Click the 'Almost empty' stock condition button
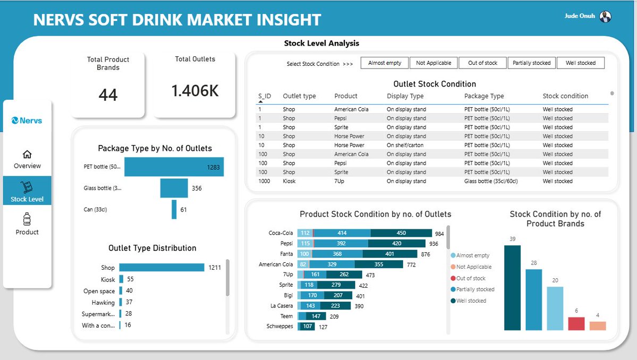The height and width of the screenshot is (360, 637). click(385, 63)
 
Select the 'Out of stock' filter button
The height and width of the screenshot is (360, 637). click(482, 63)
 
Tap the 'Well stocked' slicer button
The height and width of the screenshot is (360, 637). click(580, 63)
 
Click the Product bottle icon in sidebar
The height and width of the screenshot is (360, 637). click(27, 219)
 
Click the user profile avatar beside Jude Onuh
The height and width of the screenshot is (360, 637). click(605, 16)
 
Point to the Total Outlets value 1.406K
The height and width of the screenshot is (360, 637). click(195, 91)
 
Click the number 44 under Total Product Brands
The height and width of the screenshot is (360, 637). click(108, 95)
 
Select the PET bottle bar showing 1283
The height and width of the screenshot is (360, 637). click(174, 167)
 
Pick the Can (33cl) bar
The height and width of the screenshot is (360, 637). click(174, 209)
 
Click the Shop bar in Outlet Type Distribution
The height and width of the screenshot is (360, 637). click(162, 268)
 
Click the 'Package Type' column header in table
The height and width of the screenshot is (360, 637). click(483, 96)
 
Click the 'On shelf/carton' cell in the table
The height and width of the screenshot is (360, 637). click(406, 145)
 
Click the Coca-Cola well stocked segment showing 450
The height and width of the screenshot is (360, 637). click(401, 233)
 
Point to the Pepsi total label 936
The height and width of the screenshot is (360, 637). click(434, 244)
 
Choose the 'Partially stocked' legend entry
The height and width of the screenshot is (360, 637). click(475, 289)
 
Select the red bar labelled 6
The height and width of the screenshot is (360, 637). click(576, 324)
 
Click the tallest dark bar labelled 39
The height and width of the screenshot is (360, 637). click(512, 288)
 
